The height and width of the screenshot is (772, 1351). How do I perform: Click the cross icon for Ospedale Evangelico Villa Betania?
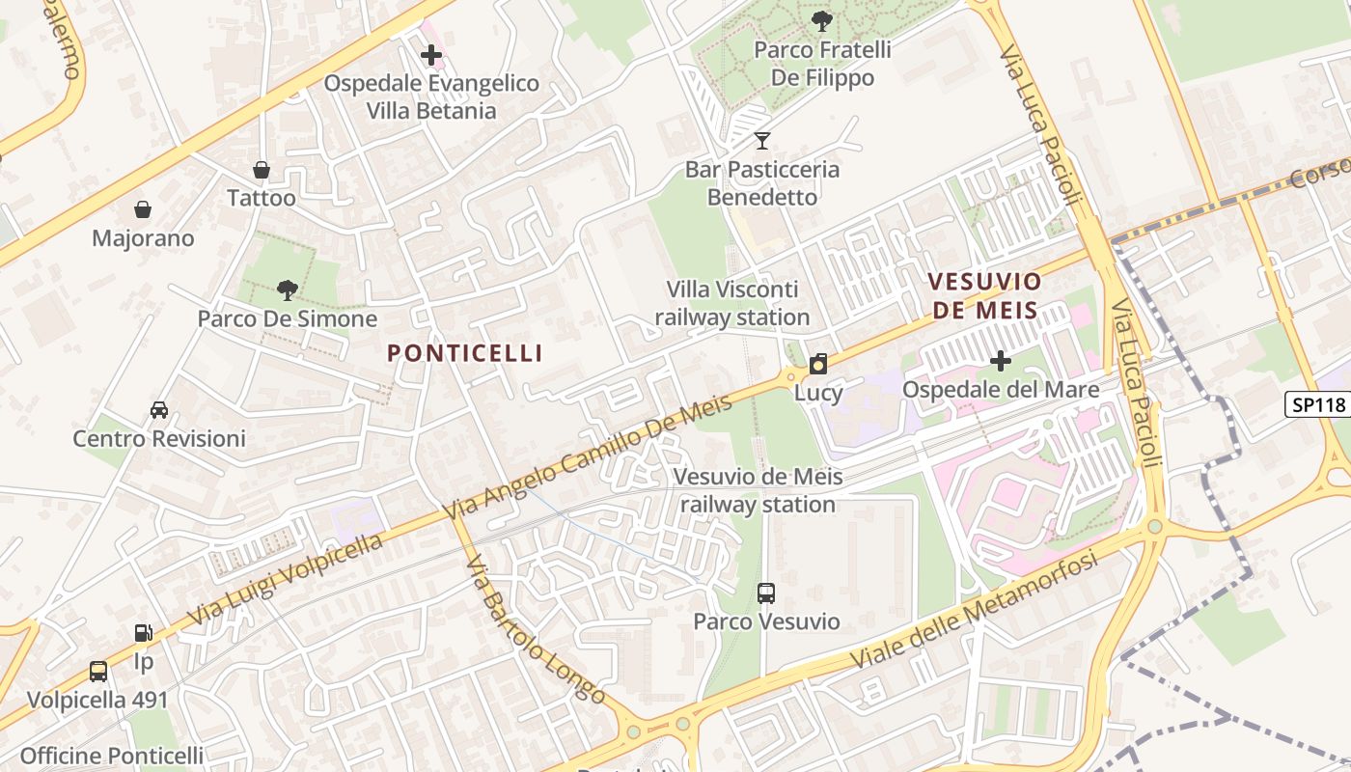point(431,55)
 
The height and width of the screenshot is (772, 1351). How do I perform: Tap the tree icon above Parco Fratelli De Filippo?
point(822,19)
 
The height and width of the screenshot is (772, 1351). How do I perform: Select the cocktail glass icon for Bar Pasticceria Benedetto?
point(762,141)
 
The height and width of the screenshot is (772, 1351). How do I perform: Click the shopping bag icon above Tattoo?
point(261,171)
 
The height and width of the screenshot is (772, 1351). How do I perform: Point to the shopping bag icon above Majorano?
point(143,209)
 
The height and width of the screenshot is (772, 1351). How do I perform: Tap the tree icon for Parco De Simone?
point(287,289)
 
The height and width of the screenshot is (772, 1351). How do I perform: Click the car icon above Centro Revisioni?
point(159,410)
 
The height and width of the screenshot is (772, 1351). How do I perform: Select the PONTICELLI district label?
point(465,353)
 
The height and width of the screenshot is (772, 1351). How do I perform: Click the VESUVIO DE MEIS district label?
point(984,296)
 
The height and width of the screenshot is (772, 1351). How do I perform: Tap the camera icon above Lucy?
point(818,364)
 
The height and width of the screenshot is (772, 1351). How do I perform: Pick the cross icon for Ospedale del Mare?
point(1001,361)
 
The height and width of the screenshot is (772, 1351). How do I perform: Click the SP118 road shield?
point(1318,404)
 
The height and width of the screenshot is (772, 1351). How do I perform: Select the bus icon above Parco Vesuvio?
point(766,593)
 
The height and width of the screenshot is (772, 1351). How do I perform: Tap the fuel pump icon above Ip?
point(143,633)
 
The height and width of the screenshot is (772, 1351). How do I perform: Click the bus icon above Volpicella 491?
point(97,672)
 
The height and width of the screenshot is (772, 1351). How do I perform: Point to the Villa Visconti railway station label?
point(732,303)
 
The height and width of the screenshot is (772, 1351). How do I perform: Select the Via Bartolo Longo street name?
point(536,629)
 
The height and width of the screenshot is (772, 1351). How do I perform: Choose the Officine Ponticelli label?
point(112,756)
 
